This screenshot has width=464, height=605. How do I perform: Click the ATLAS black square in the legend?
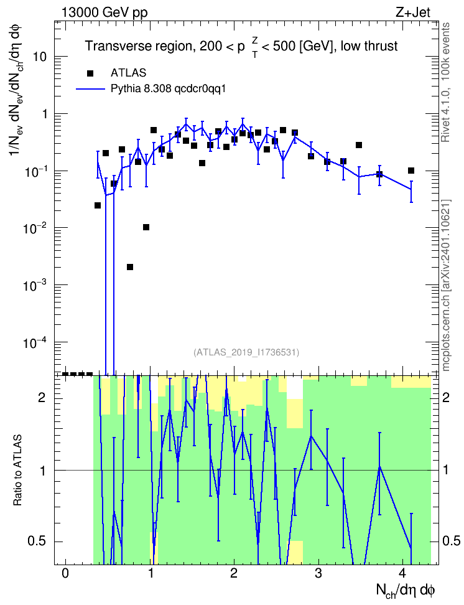pos(90,73)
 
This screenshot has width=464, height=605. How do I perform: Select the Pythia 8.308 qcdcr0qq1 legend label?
pos(168,89)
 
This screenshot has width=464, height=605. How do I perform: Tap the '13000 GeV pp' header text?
pos(104,12)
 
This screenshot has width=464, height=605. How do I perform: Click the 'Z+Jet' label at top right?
pos(413,12)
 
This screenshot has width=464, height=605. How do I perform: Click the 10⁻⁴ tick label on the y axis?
pos(34,342)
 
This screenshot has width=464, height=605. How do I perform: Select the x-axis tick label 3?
pos(318,573)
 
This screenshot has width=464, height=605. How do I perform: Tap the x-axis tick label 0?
pos(65,573)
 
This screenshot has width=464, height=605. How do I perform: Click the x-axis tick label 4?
pos(402,573)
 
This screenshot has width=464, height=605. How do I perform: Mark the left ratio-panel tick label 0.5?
pos(37,542)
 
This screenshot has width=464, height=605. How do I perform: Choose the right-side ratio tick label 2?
pos(446,397)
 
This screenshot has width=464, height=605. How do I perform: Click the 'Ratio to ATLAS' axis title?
pos(17,470)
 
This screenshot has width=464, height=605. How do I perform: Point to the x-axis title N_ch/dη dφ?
pos(406,591)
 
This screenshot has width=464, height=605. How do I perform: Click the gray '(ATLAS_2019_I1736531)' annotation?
pos(246,352)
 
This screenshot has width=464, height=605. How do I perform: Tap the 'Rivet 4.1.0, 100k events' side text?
pos(445,82)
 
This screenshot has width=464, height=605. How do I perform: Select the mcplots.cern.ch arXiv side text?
pos(446,286)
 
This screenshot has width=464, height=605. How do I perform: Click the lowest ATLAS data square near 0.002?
pos(130,267)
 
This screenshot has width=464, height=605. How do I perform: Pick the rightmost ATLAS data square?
pos(411,171)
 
